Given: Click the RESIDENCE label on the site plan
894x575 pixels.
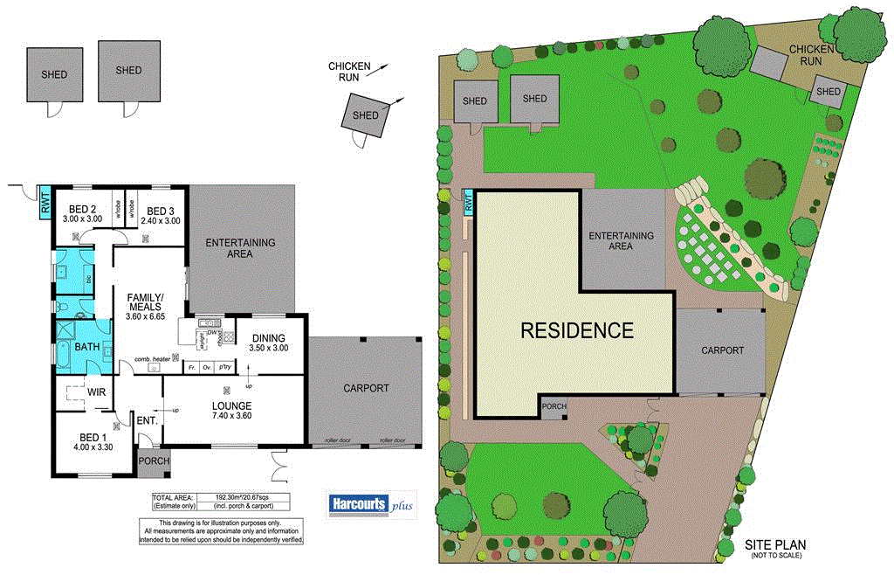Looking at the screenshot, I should (576, 330).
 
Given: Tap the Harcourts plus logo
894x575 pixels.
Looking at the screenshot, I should (371, 505).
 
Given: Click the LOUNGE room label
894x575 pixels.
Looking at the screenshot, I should (231, 405).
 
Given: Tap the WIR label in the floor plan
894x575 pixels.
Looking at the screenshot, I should (96, 392).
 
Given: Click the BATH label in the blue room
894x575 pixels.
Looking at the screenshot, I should (86, 347).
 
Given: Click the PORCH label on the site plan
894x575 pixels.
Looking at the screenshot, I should (554, 406).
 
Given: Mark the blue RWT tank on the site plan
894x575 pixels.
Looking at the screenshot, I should (467, 202).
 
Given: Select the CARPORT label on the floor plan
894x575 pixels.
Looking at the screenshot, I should (365, 388).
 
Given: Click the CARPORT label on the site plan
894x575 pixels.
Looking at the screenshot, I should (722, 350).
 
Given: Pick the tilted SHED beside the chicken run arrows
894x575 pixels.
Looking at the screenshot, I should (365, 115).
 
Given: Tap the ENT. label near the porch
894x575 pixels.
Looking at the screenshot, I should (146, 421).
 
